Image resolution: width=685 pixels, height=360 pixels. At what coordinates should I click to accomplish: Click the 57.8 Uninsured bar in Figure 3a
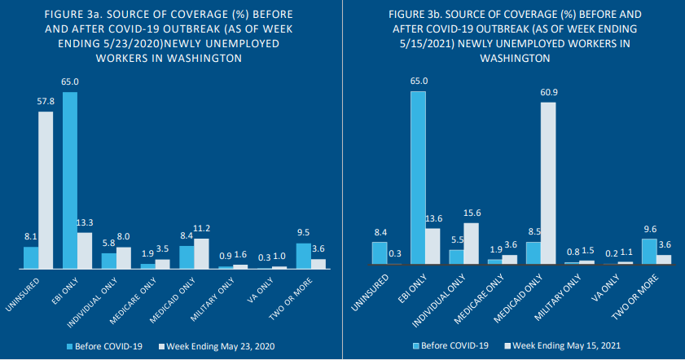(x=46, y=190)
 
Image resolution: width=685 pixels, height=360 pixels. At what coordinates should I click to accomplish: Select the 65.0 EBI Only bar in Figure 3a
(x=70, y=180)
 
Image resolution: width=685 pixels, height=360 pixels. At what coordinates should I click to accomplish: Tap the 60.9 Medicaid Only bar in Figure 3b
(x=548, y=182)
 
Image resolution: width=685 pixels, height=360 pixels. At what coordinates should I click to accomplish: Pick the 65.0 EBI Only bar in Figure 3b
(x=418, y=178)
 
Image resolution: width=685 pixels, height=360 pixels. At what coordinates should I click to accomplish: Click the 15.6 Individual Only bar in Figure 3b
(x=471, y=244)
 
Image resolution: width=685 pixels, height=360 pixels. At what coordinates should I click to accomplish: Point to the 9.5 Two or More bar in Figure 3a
(x=303, y=256)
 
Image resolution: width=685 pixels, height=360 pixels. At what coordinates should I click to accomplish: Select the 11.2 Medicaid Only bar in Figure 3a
(x=201, y=253)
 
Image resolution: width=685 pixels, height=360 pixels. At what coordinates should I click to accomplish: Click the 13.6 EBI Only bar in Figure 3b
(x=433, y=246)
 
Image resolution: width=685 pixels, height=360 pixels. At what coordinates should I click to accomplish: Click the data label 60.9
(x=548, y=92)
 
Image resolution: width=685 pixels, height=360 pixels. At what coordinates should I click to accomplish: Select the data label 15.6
(x=471, y=213)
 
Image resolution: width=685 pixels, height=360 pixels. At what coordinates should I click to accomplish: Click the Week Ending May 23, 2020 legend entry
(x=219, y=346)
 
